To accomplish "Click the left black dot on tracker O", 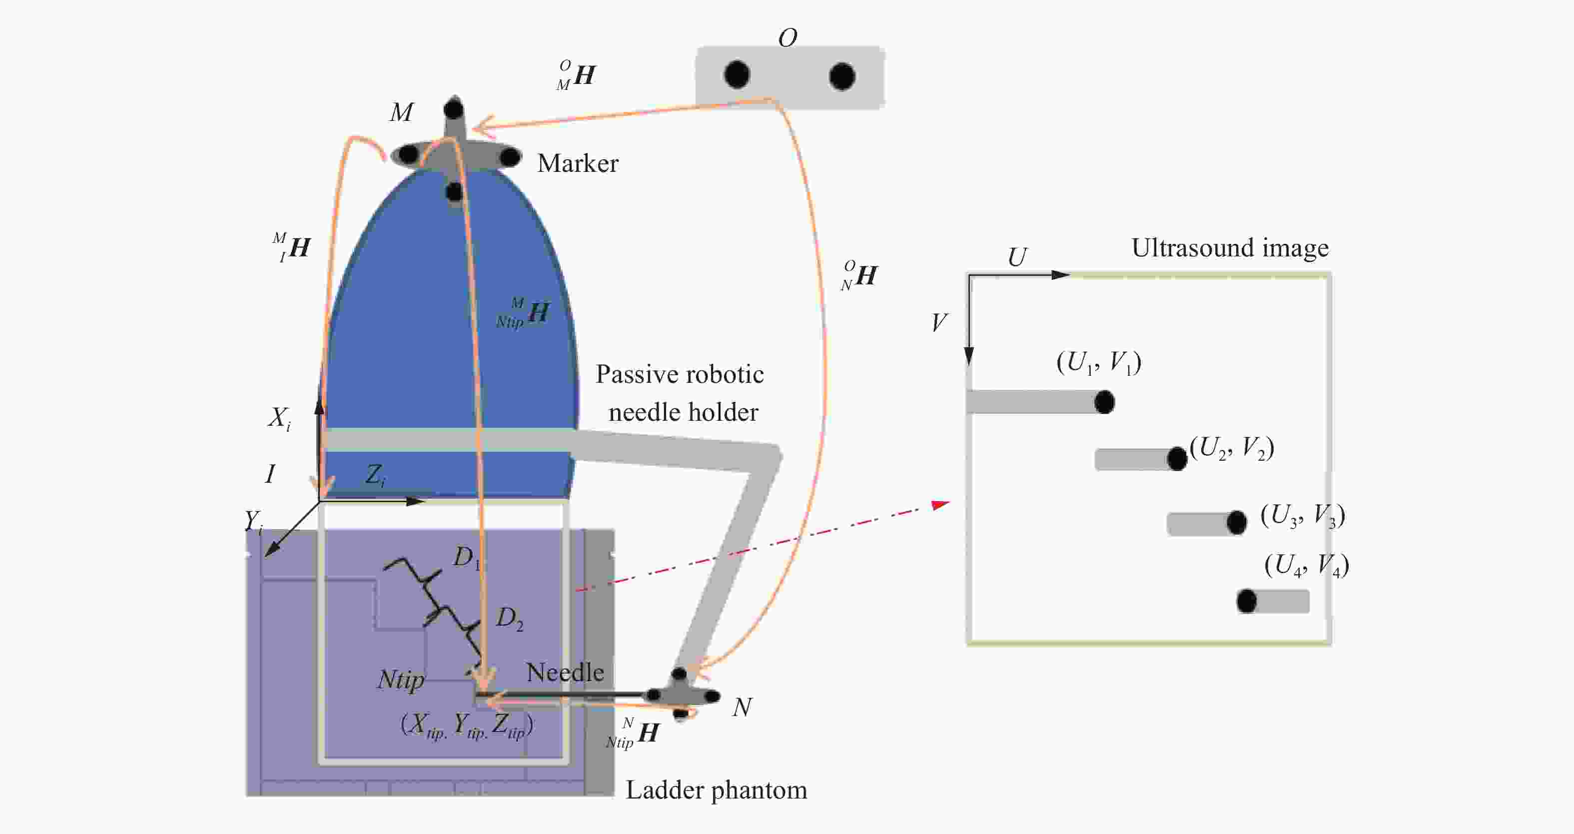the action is [737, 74].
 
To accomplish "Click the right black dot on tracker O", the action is [842, 76].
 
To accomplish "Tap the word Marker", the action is [578, 163].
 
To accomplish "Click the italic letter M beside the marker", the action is [401, 112].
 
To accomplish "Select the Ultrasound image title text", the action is [1230, 248].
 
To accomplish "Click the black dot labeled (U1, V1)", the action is [1104, 402].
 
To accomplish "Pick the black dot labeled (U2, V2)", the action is [1177, 459].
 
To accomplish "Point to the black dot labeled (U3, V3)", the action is [1237, 522].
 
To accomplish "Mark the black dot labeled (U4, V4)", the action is [1247, 601].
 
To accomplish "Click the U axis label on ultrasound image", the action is [1017, 257].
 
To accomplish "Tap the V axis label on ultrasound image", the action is [939, 322].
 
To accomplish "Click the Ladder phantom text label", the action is [716, 790].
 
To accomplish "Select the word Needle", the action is [565, 672].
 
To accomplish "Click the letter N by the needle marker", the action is [743, 707].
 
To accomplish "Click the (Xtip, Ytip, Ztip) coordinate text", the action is [467, 725].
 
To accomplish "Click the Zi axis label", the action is [375, 475].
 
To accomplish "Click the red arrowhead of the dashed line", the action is [941, 504].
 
